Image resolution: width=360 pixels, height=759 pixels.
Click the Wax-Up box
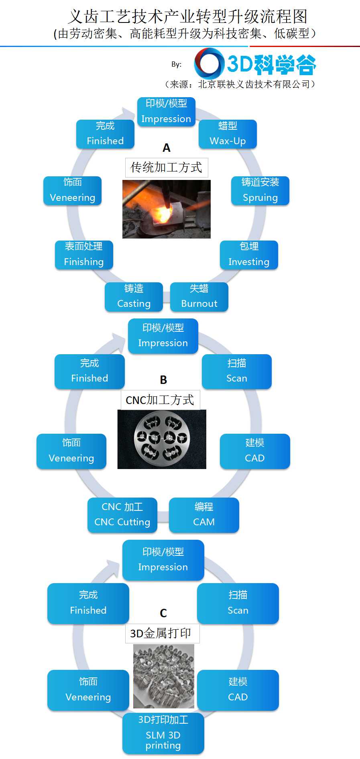(x=228, y=134)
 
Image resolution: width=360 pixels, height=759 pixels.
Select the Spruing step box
(x=260, y=190)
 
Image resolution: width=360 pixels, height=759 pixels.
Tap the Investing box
(x=249, y=255)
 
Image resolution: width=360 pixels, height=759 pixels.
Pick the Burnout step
(x=199, y=297)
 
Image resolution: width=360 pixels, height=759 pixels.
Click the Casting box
(x=134, y=297)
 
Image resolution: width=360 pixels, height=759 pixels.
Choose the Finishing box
(x=84, y=255)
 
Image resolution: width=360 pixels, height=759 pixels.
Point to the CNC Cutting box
(x=122, y=515)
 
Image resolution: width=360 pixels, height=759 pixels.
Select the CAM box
(x=204, y=515)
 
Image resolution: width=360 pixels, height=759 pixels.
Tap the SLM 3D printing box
(x=163, y=733)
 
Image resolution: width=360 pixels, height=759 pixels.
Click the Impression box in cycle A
(x=166, y=112)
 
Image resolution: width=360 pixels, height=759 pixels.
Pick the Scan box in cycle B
(x=236, y=371)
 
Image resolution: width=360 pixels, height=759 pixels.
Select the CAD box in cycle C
(x=238, y=690)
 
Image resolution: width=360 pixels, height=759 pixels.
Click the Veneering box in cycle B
(x=71, y=451)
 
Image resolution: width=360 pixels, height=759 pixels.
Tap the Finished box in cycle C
(x=88, y=603)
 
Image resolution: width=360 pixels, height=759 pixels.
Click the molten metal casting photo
(x=166, y=209)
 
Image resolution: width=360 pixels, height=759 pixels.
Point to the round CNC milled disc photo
(x=162, y=439)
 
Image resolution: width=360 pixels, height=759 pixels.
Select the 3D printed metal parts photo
(x=164, y=676)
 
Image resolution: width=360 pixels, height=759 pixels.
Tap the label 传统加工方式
(x=167, y=167)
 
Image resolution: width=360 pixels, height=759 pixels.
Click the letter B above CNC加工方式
(x=163, y=380)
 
